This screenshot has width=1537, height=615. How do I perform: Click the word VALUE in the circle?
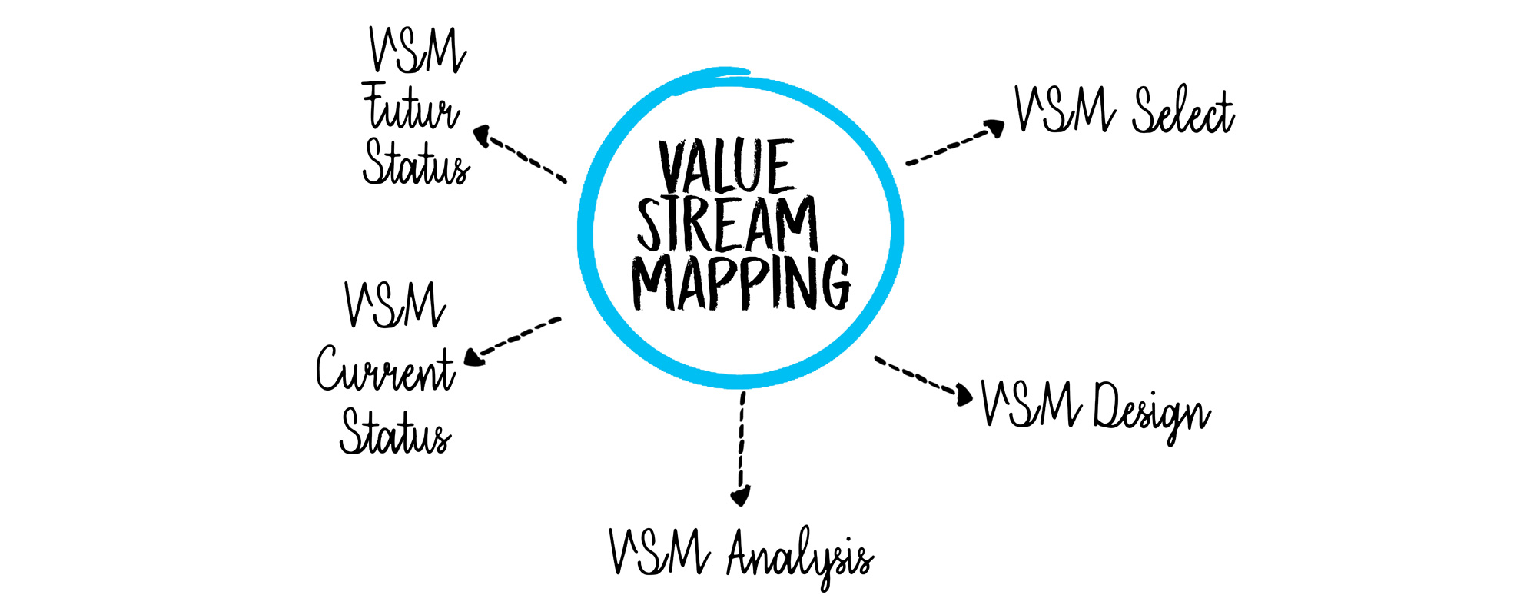coord(726,167)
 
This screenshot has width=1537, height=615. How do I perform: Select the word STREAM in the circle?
coord(727,224)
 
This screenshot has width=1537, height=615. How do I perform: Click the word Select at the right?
coord(1183,112)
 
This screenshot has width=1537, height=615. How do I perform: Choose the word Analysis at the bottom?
coord(799,555)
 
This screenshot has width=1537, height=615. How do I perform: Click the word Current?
coord(385,370)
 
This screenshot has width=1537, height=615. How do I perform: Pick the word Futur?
coord(411,109)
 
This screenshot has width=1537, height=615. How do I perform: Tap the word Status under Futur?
coord(416,163)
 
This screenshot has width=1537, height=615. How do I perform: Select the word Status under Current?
coord(395,432)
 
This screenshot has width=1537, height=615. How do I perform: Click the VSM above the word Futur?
coord(417,51)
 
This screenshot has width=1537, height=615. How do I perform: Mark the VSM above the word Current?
coord(395,304)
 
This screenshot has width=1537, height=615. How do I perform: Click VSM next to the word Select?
coord(1064,110)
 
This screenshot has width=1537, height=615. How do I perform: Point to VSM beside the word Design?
coord(1031,404)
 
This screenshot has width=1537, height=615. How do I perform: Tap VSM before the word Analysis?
coord(659,552)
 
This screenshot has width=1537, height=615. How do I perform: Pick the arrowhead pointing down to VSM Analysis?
coord(740,496)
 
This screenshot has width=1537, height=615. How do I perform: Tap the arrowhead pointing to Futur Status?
coord(483,136)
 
